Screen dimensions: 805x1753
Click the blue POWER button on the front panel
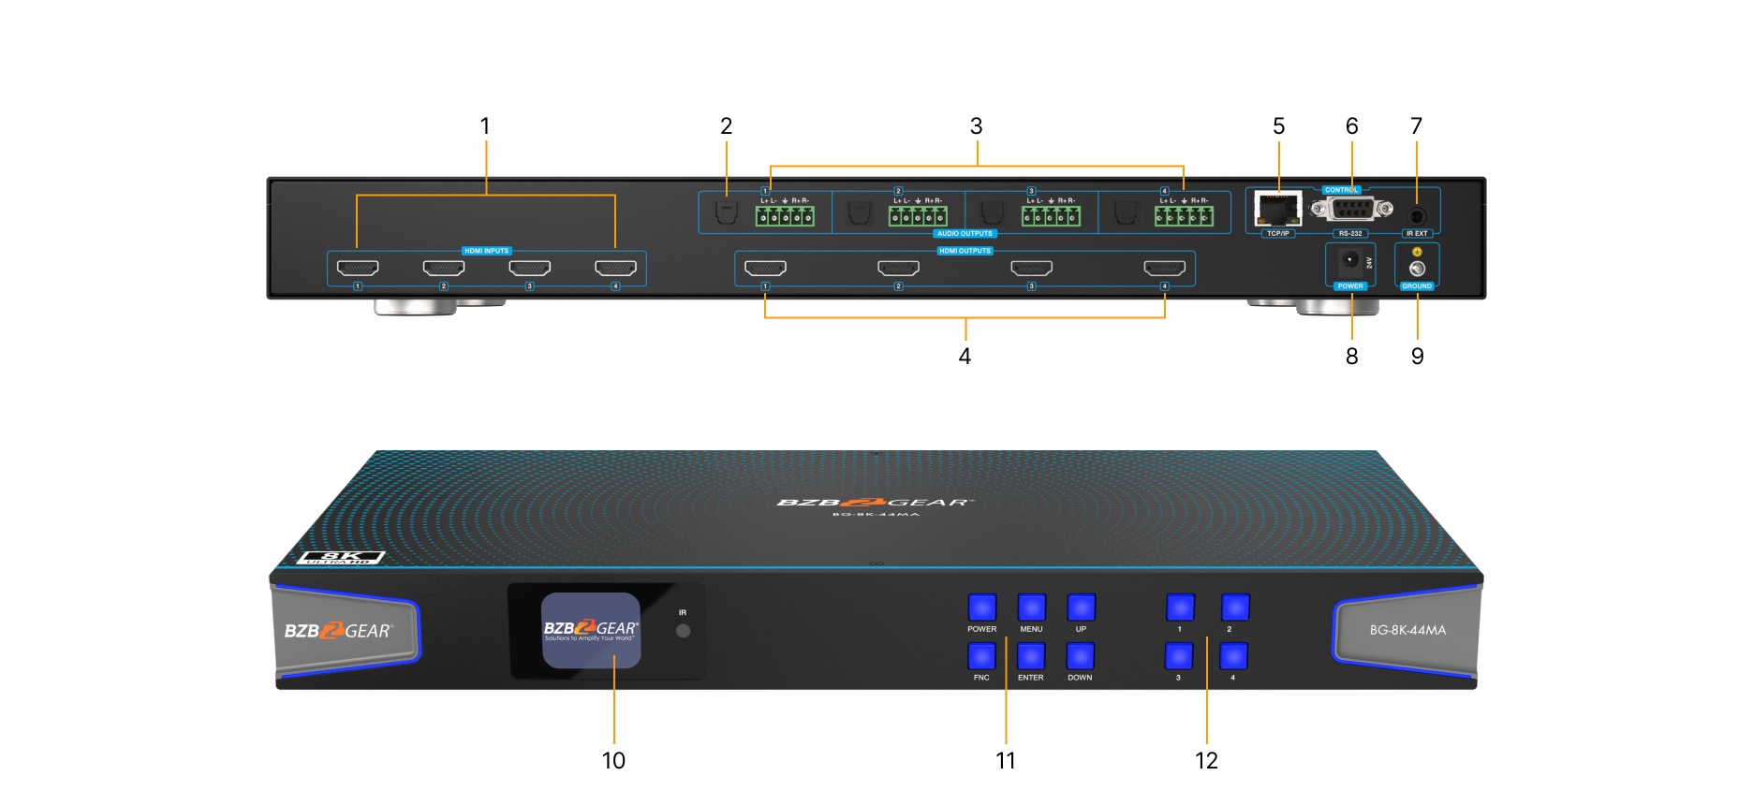[x=981, y=607]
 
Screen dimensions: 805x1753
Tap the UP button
[x=1081, y=607]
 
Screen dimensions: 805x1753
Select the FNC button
[x=981, y=656]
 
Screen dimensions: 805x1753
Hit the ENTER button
[x=1030, y=656]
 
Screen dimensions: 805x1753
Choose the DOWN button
[x=1080, y=656]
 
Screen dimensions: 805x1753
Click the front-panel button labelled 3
[x=1179, y=656]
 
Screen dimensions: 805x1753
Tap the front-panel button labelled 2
[x=1234, y=607]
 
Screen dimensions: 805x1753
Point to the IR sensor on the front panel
[x=683, y=631]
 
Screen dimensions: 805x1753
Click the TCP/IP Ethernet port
[x=1278, y=209]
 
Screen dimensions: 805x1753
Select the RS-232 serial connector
[x=1350, y=209]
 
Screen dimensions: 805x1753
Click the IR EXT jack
[x=1417, y=215]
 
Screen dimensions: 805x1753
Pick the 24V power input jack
[x=1349, y=260]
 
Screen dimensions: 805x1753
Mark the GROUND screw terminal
[x=1417, y=269]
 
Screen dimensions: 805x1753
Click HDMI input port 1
[x=358, y=269]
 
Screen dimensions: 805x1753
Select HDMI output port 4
[x=1164, y=269]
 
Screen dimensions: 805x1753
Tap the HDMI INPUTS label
[x=487, y=251]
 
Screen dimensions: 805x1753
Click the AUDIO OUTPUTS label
[x=965, y=233]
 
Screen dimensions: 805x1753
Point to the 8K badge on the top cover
[x=341, y=558]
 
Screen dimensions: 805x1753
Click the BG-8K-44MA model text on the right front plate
[x=1407, y=630]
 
